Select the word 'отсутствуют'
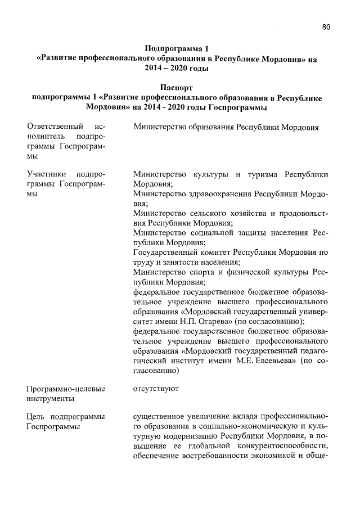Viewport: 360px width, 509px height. coord(156,389)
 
